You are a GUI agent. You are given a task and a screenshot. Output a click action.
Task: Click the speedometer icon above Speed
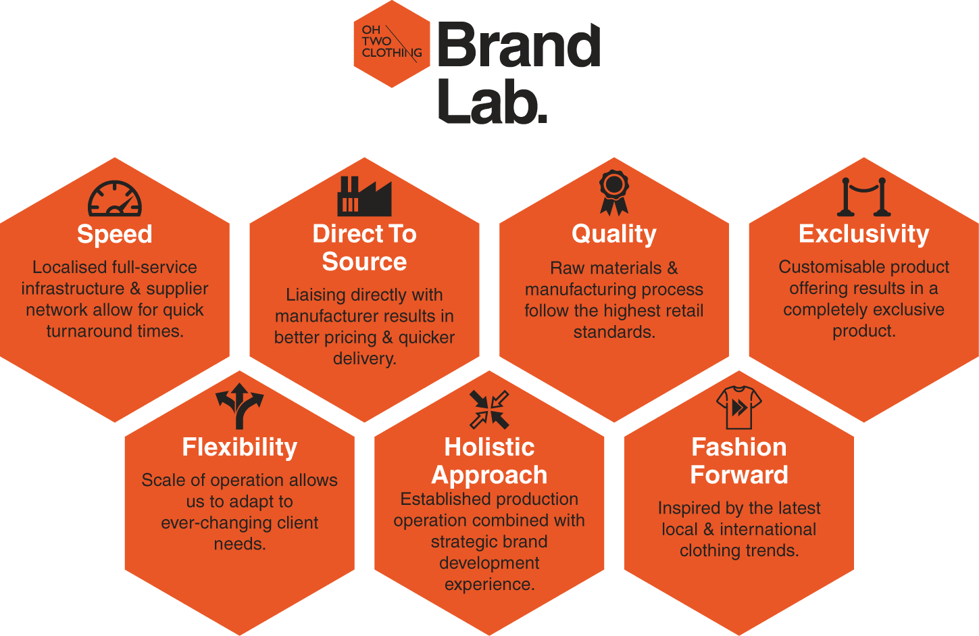[114, 199]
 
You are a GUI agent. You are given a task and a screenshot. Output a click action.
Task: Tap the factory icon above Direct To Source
[364, 197]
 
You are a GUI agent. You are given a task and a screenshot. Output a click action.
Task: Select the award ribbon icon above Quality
[614, 193]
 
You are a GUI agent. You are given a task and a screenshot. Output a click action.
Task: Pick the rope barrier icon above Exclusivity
[863, 197]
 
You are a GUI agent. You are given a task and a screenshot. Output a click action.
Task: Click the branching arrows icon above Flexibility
[239, 406]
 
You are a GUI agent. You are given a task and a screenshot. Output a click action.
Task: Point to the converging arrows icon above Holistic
[489, 410]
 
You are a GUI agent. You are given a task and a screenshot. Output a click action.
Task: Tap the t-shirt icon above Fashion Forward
[739, 408]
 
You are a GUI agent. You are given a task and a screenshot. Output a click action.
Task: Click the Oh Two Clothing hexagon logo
[392, 44]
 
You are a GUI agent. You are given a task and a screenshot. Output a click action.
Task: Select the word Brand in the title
[519, 45]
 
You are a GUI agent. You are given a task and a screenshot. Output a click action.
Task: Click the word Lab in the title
[493, 101]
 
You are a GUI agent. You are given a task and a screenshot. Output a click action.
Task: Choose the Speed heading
[114, 235]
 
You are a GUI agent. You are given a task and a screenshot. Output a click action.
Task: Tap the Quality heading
[614, 235]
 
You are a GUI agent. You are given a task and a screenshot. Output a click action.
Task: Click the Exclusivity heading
[864, 234]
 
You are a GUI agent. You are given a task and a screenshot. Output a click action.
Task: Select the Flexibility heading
[239, 447]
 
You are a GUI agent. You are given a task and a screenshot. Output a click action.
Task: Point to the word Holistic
[489, 447]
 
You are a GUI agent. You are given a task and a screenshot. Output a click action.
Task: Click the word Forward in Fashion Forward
[739, 474]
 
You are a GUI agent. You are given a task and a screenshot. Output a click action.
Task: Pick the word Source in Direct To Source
[364, 262]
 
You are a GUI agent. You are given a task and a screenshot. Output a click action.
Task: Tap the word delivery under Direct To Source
[364, 359]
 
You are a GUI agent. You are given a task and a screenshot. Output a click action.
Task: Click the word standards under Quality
[614, 333]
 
